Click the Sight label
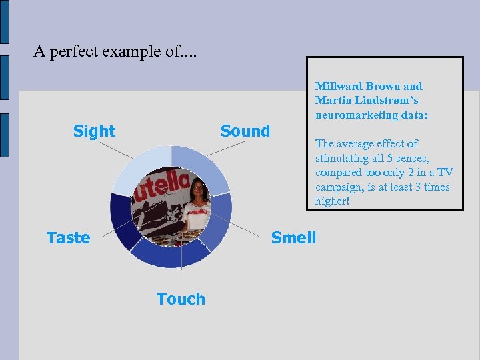pyautogui.click(x=94, y=131)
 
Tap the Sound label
pyautogui.click(x=245, y=131)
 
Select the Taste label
pyautogui.click(x=68, y=238)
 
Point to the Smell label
pyautogui.click(x=293, y=238)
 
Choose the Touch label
pyautogui.click(x=181, y=299)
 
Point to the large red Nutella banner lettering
pyautogui.click(x=160, y=187)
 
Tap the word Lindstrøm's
pyautogui.click(x=390, y=100)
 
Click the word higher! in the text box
pyautogui.click(x=332, y=201)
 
